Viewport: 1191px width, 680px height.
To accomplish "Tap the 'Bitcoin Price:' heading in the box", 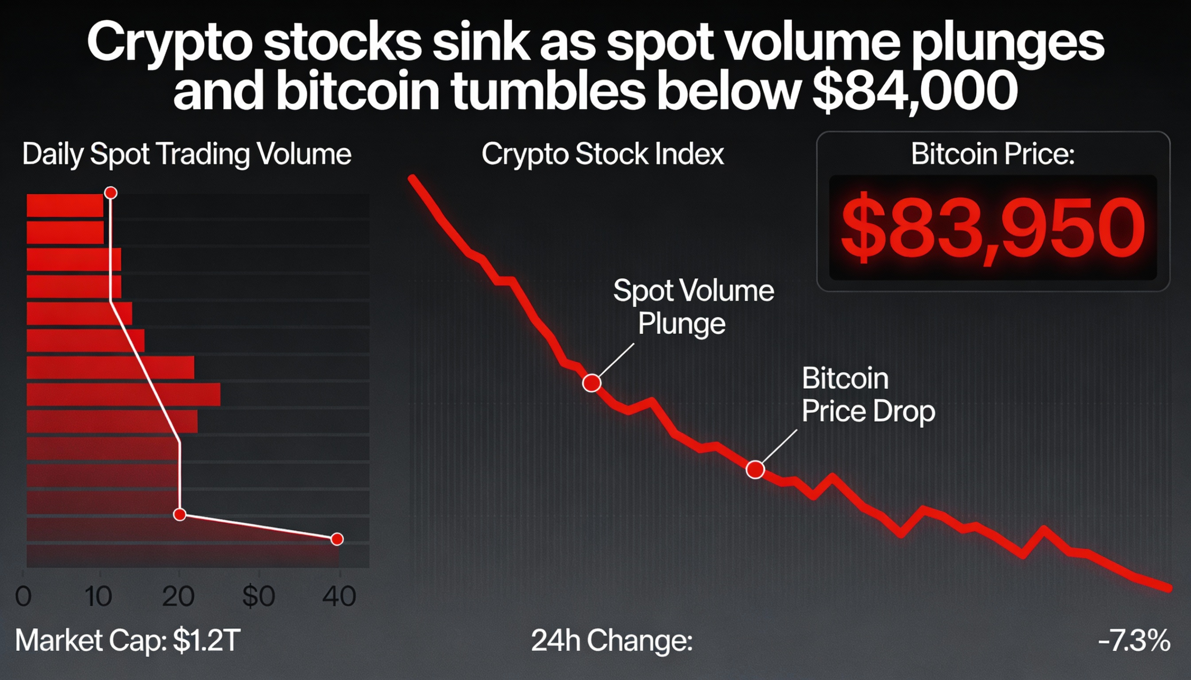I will [992, 154].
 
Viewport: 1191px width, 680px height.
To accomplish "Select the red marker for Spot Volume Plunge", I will [592, 383].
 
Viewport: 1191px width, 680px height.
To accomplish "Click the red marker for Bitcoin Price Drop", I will [755, 469].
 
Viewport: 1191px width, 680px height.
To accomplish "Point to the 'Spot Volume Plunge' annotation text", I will [693, 306].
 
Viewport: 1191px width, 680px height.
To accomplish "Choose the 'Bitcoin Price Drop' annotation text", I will [868, 395].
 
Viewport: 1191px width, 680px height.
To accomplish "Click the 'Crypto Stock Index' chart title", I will [602, 154].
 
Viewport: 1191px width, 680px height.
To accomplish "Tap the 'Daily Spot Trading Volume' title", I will [187, 154].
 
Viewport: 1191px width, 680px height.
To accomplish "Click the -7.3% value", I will [1134, 640].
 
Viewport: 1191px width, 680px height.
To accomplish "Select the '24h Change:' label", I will [611, 640].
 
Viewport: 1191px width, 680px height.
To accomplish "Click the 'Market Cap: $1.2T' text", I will [127, 640].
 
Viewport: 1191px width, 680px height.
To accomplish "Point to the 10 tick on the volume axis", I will [98, 596].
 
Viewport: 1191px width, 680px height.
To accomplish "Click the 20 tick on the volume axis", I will [178, 596].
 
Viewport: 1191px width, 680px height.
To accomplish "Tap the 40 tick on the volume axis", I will [339, 596].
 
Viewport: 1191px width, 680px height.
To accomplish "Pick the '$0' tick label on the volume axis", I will [259, 596].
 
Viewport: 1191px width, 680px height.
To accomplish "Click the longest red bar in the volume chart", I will [123, 395].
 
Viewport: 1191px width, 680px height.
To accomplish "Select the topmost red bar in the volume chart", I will [65, 205].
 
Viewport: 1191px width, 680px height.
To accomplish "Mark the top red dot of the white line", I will [111, 193].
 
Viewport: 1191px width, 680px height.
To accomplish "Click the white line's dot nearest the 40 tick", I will [337, 540].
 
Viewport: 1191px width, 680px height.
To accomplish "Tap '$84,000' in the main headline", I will [915, 90].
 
